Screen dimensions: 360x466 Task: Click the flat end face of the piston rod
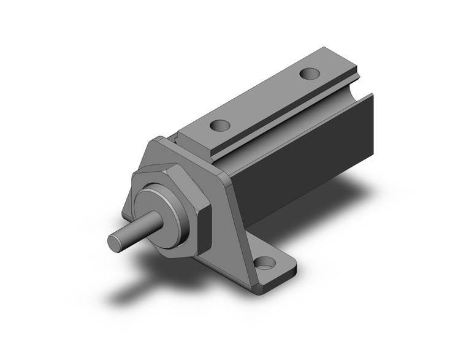[x=115, y=241]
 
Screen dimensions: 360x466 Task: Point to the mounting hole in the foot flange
[x=265, y=265]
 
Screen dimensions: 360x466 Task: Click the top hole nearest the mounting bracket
[x=219, y=125]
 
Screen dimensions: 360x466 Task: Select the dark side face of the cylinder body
[x=307, y=159]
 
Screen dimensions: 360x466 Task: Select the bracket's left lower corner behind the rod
[x=126, y=212]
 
